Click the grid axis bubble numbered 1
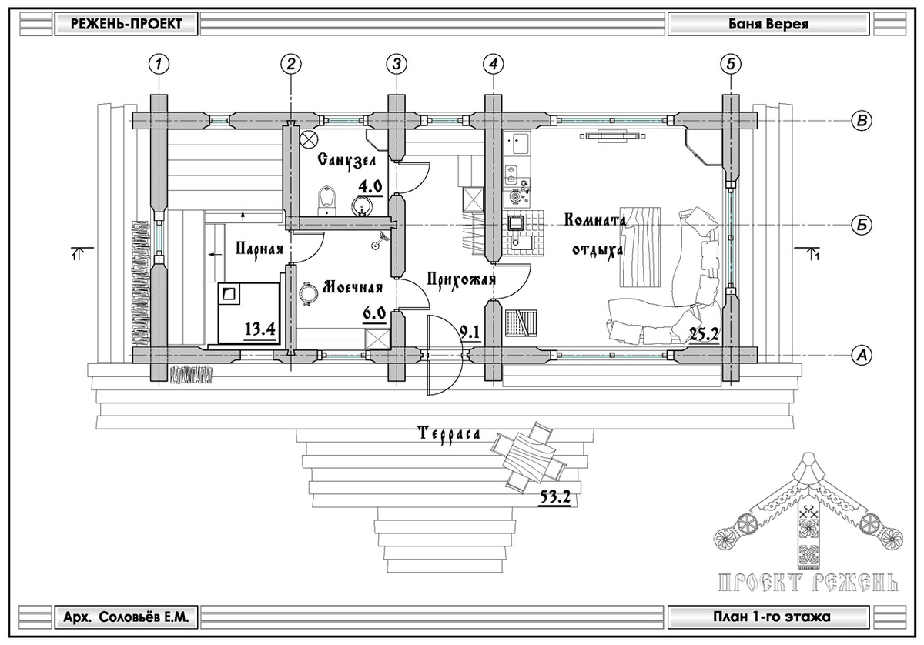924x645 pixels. coord(159,64)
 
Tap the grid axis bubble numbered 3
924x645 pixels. coord(396,64)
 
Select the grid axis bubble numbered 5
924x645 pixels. coord(730,64)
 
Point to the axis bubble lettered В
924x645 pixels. coord(862,120)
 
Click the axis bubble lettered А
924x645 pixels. coord(862,355)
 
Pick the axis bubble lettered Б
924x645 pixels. coord(862,225)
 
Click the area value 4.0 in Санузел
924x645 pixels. coord(369,185)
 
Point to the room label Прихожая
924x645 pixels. coord(460,279)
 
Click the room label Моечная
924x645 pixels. coord(352,288)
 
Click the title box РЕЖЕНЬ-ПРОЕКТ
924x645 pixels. coord(126,24)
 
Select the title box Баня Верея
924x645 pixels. coord(757,24)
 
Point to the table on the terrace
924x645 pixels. coord(528,457)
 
